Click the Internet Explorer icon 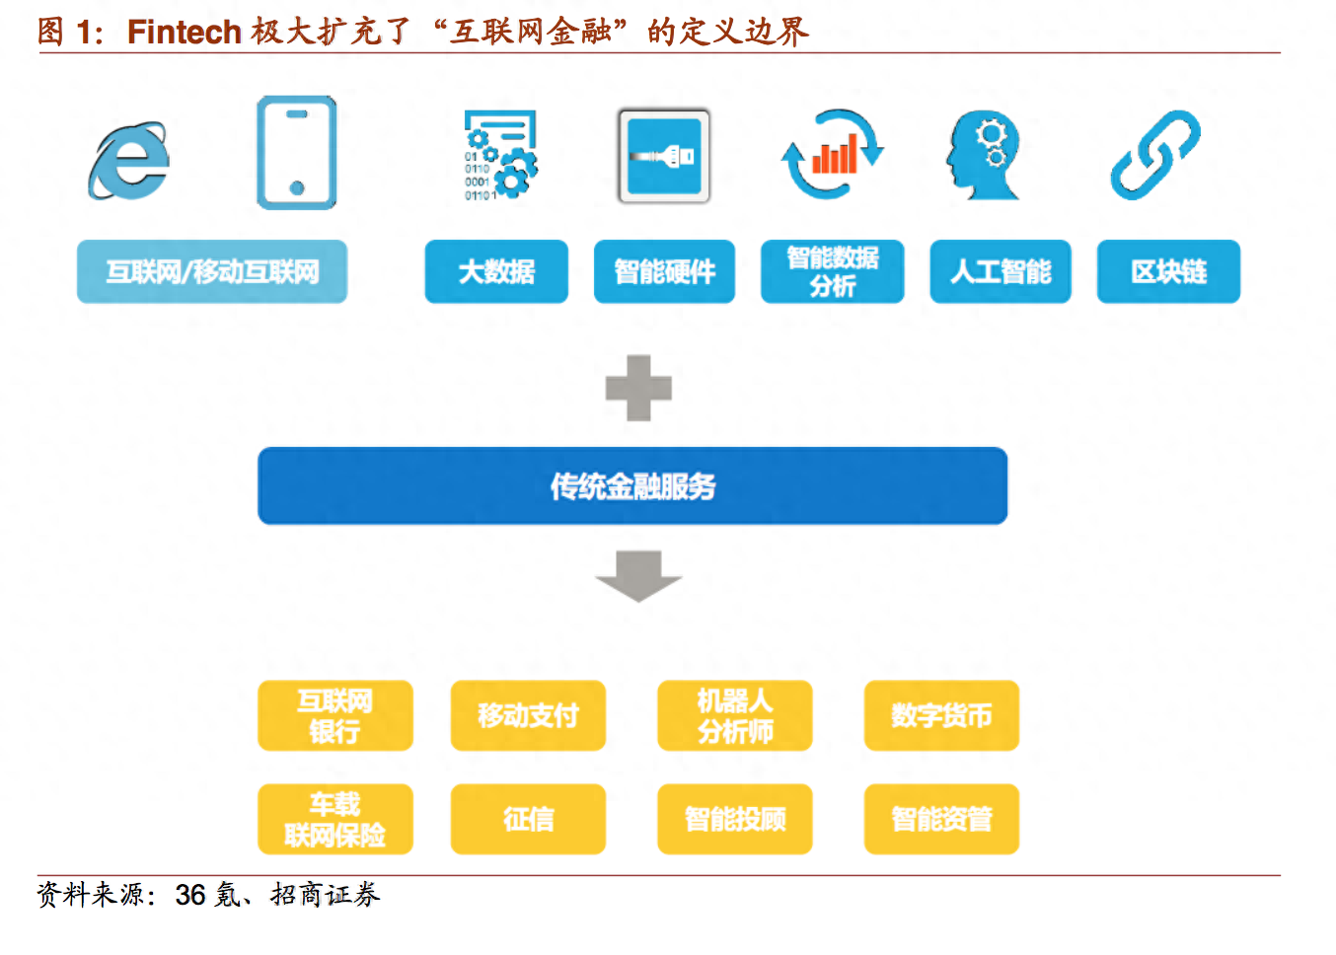pyautogui.click(x=129, y=160)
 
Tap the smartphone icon pyautogui.click(x=296, y=153)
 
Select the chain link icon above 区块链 pyautogui.click(x=1155, y=155)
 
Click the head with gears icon pyautogui.click(x=984, y=155)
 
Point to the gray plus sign pyautogui.click(x=638, y=388)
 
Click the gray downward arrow pyautogui.click(x=638, y=575)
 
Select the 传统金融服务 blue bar pyautogui.click(x=632, y=485)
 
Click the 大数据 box pyautogui.click(x=496, y=271)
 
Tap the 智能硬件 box pyautogui.click(x=664, y=271)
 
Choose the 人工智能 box pyautogui.click(x=1001, y=271)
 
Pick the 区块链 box pyautogui.click(x=1168, y=271)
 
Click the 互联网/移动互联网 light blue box pyautogui.click(x=212, y=271)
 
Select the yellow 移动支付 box pyautogui.click(x=528, y=715)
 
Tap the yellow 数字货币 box pyautogui.click(x=941, y=715)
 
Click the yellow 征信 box pyautogui.click(x=528, y=819)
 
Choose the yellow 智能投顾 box pyautogui.click(x=735, y=819)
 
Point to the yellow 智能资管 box pyautogui.click(x=941, y=819)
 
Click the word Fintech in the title pyautogui.click(x=185, y=32)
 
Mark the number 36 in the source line pyautogui.click(x=190, y=895)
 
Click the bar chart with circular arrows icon pyautogui.click(x=833, y=155)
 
